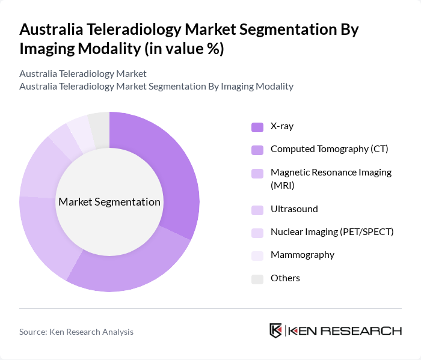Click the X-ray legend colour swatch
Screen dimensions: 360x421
click(257, 127)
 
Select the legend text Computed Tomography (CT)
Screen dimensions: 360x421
click(329, 148)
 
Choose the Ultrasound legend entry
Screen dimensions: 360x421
click(294, 209)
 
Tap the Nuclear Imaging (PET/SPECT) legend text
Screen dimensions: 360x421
click(332, 232)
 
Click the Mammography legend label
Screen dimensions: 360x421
click(302, 255)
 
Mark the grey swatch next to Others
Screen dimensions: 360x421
click(257, 279)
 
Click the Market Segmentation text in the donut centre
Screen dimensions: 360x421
click(109, 202)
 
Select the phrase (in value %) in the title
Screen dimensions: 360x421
click(183, 49)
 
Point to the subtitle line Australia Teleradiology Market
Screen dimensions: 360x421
click(83, 74)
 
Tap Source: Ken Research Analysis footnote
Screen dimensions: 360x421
click(76, 332)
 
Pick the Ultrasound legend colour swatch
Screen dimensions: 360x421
click(257, 210)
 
